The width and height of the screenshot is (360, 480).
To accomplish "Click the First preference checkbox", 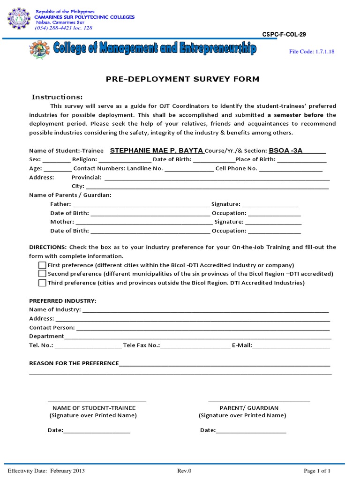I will point(42,265).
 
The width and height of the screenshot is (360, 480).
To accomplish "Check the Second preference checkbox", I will point(42,274).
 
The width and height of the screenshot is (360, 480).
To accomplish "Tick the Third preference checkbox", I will point(42,283).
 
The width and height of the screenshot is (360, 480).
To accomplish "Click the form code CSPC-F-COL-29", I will point(285,35).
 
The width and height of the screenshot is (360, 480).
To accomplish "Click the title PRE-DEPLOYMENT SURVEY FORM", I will point(182,79).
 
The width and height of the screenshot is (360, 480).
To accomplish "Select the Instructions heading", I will point(57,97).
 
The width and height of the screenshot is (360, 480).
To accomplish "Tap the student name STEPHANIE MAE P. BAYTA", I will point(157,150).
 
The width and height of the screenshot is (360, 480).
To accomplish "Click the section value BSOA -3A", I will point(285,150).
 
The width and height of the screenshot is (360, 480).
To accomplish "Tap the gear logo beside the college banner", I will point(39,50).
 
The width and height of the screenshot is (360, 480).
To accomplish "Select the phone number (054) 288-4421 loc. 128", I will point(64,28).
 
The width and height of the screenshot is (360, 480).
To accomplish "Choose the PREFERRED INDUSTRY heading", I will point(62,300).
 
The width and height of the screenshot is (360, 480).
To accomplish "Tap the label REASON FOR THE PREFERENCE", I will point(74,363).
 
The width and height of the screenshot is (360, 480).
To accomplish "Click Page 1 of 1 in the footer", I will point(317,471).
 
